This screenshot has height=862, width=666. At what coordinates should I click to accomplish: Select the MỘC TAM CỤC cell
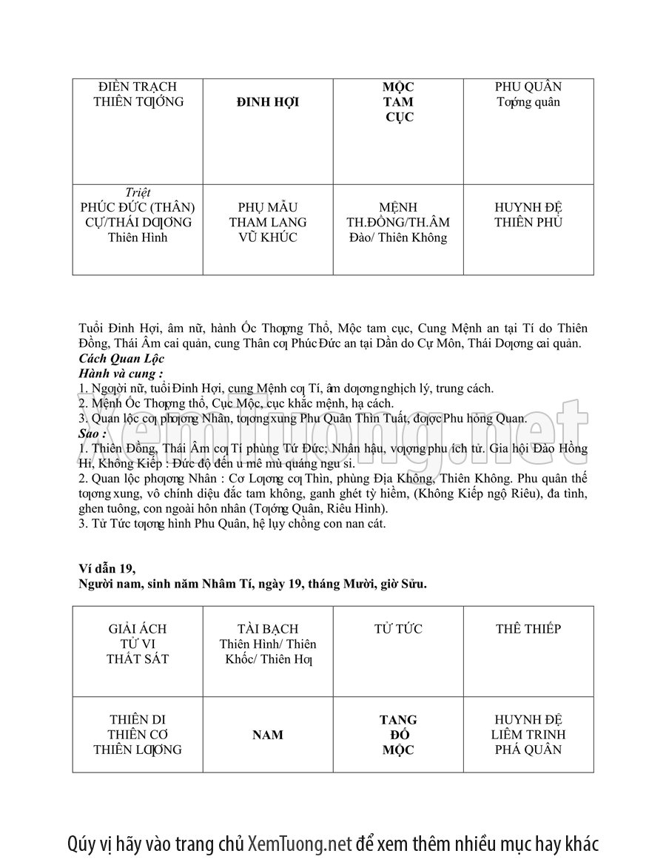click(398, 102)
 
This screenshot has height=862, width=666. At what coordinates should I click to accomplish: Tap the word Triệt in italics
click(138, 192)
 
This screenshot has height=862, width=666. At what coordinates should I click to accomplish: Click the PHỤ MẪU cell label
click(267, 207)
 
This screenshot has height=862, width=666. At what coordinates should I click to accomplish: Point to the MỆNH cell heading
click(398, 207)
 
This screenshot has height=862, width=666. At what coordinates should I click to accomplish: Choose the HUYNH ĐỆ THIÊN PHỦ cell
click(528, 215)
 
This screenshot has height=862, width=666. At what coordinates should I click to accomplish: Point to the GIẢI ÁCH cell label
click(138, 629)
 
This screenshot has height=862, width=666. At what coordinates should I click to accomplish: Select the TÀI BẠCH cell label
click(267, 629)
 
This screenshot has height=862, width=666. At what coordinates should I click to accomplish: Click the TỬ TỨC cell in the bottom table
click(398, 629)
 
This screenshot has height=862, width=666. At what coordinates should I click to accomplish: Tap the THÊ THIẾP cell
click(528, 629)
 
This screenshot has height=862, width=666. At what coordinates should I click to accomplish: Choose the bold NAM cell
click(267, 735)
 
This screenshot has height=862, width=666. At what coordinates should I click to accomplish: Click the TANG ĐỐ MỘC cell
click(398, 735)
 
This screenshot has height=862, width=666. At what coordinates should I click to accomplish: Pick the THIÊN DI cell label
click(138, 720)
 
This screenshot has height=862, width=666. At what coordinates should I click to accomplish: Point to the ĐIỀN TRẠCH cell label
click(138, 87)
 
